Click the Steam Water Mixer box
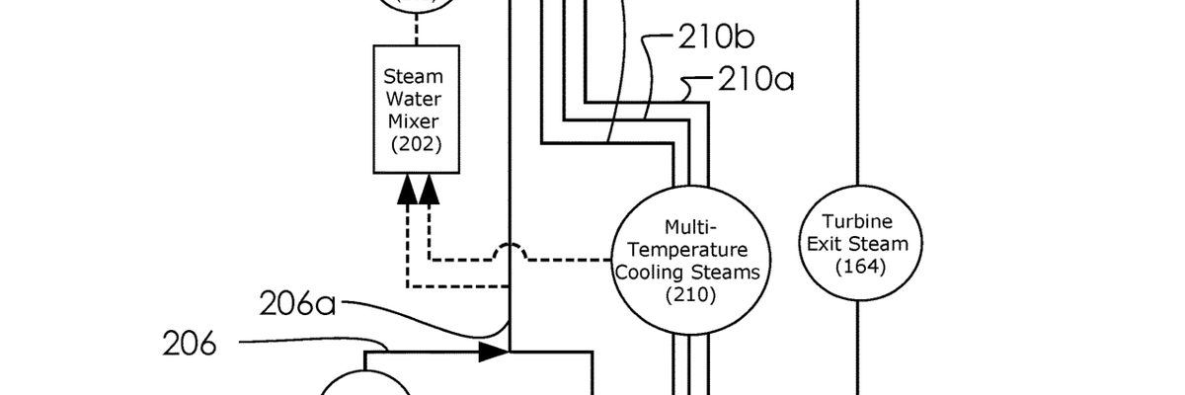pyautogui.click(x=414, y=109)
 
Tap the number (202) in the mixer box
pyautogui.click(x=414, y=145)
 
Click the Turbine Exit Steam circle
pyautogui.click(x=857, y=242)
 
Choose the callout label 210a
pyautogui.click(x=754, y=78)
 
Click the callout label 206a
pyautogui.click(x=297, y=303)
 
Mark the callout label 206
pyautogui.click(x=190, y=345)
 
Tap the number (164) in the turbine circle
pyautogui.click(x=857, y=267)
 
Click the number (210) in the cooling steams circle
pyautogui.click(x=689, y=294)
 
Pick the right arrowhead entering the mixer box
pyautogui.click(x=430, y=192)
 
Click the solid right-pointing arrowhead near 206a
pyautogui.click(x=494, y=351)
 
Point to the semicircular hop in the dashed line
pyautogui.click(x=509, y=252)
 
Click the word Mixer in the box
pyautogui.click(x=414, y=121)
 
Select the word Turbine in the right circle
pyautogui.click(x=857, y=220)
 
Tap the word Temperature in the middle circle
pyautogui.click(x=689, y=249)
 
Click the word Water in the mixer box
pyautogui.click(x=414, y=99)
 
